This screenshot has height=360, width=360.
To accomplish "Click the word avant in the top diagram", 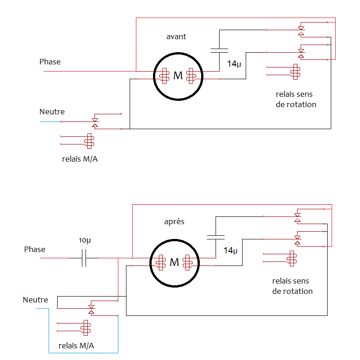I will [176, 36].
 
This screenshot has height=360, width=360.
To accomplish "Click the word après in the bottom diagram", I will [174, 222].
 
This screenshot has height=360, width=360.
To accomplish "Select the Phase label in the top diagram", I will [50, 62].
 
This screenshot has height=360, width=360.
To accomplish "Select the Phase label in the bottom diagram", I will [35, 249].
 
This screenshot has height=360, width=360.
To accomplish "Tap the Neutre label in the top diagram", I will [52, 112].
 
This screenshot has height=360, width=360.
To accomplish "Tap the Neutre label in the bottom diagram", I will [35, 299].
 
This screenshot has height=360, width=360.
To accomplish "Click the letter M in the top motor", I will [178, 76].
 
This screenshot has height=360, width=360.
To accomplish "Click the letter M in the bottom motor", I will [175, 262].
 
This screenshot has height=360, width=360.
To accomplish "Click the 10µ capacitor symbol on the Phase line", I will [84, 258].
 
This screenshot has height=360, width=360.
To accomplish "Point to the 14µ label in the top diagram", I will [234, 64].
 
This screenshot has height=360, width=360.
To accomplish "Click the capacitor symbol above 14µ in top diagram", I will [219, 50].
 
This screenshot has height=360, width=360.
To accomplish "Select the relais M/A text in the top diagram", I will [80, 159].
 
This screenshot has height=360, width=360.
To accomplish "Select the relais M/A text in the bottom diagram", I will [76, 346].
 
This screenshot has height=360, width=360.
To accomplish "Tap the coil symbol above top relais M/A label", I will [90, 140].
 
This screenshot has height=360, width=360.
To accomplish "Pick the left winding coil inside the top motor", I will [164, 76].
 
